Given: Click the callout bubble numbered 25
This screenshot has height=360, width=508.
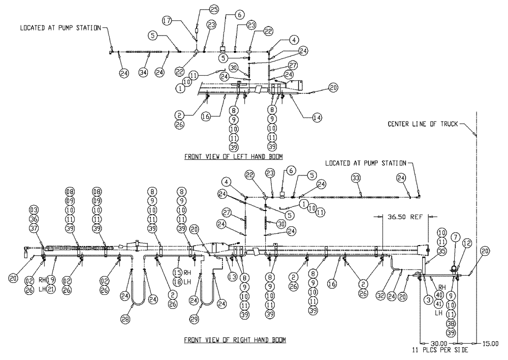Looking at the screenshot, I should [214, 10].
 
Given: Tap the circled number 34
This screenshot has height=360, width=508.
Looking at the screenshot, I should [143, 73].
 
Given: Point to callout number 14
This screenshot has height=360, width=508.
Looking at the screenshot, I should [316, 117].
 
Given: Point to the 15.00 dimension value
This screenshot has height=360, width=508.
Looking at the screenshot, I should [491, 343].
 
